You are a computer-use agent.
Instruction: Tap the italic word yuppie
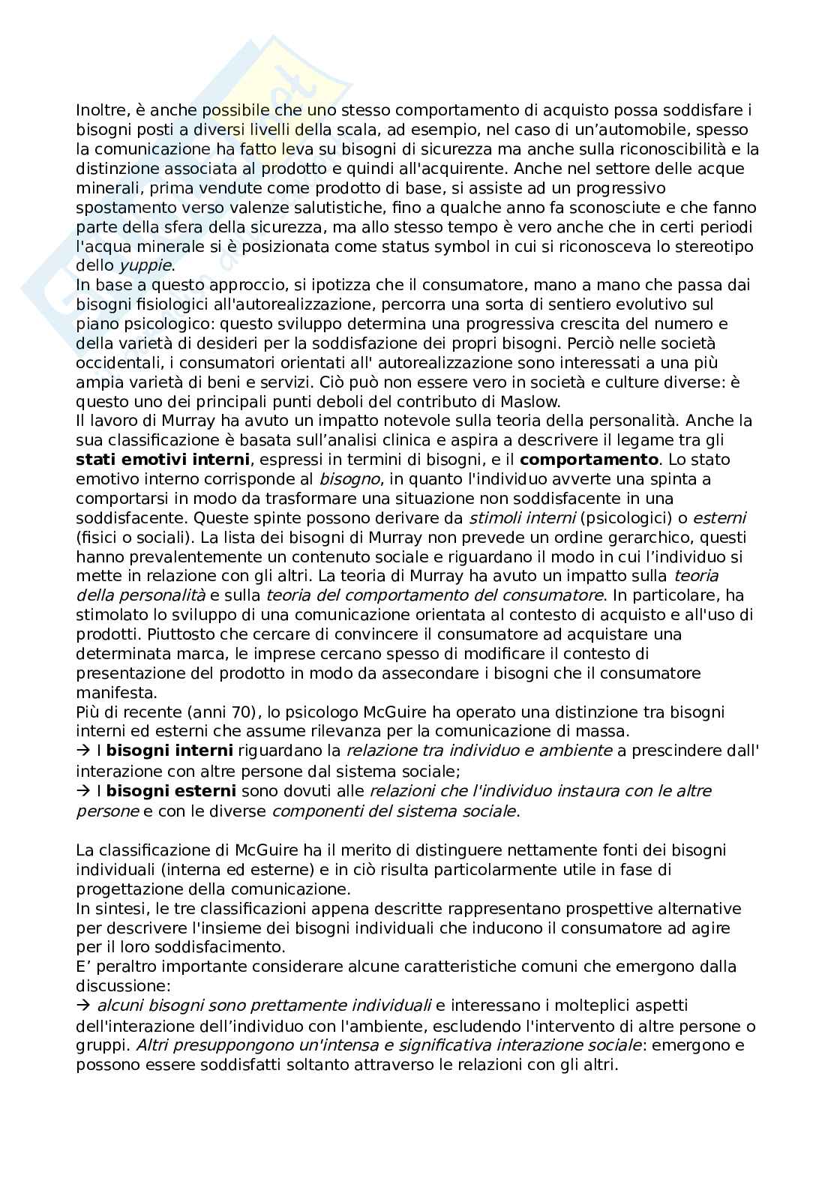146,265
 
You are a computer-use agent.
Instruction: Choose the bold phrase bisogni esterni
171,791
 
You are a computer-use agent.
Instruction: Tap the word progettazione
127,889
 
